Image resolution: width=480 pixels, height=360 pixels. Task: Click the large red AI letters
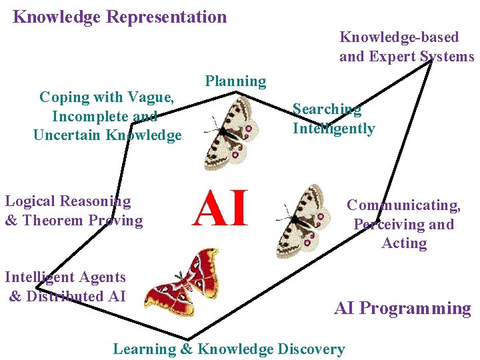coord(220,208)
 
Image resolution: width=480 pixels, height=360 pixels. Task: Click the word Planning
coord(235,81)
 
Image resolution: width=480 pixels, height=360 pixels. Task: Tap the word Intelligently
coord(333,128)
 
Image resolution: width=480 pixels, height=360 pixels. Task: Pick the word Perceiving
coord(385,225)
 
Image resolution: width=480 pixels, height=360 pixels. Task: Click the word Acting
coord(404,243)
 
